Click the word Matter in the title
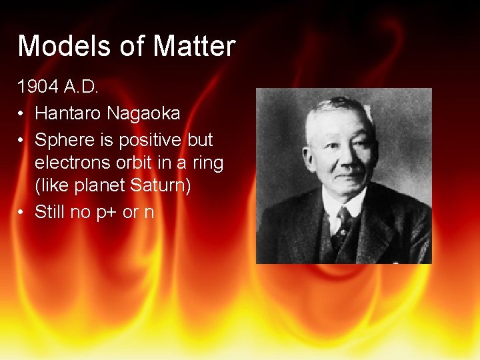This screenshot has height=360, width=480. tap(194, 46)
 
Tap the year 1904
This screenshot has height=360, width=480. tap(39, 87)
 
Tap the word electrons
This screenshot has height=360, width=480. tap(69, 163)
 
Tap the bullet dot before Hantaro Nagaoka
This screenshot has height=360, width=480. tap(23, 114)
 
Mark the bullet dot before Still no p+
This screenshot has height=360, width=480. tap(23, 213)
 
